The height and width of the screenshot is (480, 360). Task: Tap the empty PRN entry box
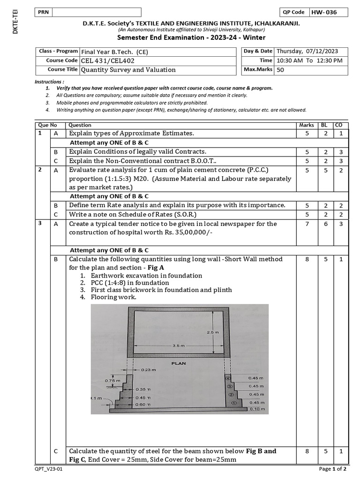point(96,12)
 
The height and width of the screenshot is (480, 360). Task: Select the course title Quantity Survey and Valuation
point(122,70)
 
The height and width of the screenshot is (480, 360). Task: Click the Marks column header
point(307,125)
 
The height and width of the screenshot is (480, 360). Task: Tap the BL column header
point(324,125)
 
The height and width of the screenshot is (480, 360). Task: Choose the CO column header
point(338,125)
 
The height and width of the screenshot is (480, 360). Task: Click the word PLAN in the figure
point(180,362)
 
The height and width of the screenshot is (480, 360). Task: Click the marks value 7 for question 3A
point(307,224)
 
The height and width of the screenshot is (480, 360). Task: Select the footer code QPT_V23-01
point(48,468)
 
